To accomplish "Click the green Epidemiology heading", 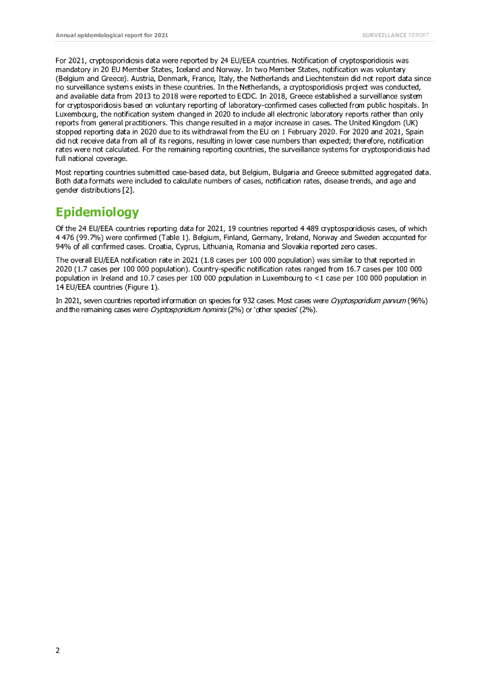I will point(97,212).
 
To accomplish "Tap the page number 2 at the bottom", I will point(57,650).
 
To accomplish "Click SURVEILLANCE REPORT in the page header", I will point(396,35).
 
